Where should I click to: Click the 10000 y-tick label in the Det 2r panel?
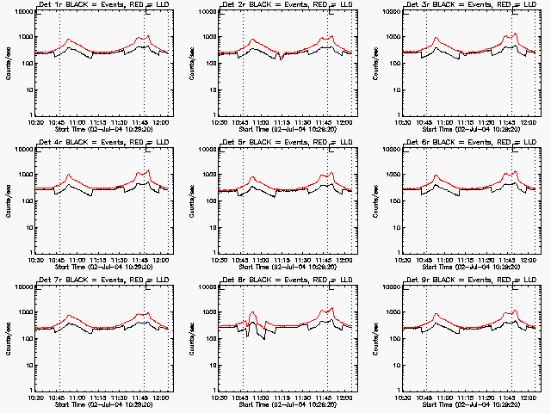pos(204,12)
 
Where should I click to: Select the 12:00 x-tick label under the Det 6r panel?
pos(529,259)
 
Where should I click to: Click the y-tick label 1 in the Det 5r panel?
pos(213,252)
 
